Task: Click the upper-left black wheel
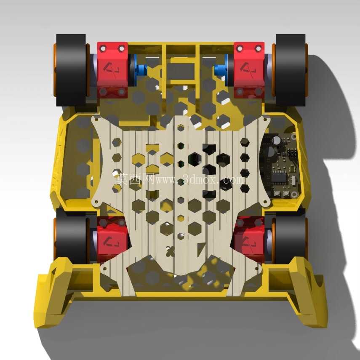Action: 71,70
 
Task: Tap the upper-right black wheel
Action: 291,70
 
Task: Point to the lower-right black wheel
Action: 291,239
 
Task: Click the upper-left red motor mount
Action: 112,70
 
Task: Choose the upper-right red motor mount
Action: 249,70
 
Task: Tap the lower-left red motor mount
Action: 112,239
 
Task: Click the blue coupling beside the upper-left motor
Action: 140,69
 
